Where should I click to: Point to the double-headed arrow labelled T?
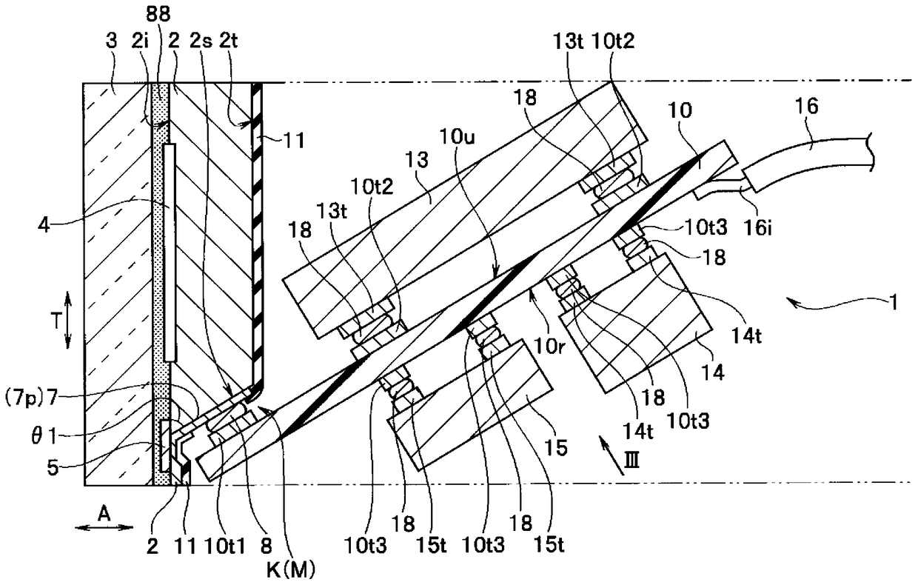tap(67, 320)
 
